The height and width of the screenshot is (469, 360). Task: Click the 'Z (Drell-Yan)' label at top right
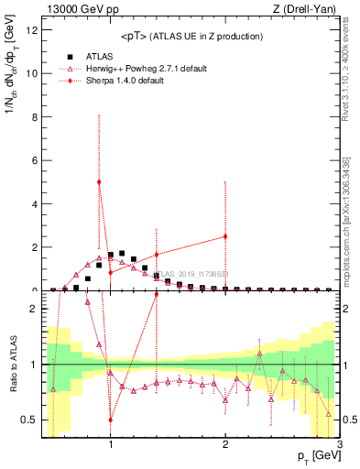[x=308, y=9]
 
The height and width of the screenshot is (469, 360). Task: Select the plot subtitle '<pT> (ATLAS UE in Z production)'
[x=192, y=36]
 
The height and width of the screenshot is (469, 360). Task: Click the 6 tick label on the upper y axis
[x=36, y=160]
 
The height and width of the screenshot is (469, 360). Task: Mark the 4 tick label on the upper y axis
[x=36, y=204]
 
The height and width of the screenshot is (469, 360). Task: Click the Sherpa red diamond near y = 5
[x=99, y=182]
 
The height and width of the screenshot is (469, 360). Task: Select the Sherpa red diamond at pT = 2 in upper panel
[x=225, y=236]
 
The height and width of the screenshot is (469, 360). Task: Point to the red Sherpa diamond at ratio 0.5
[x=111, y=420]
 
